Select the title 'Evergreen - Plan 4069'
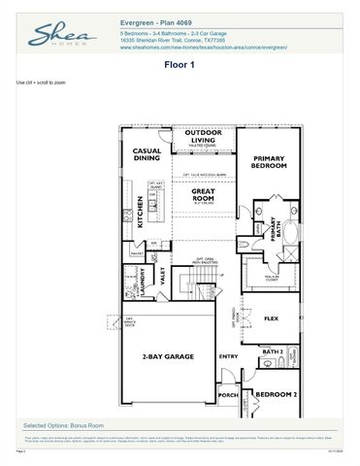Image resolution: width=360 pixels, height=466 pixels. [159, 20]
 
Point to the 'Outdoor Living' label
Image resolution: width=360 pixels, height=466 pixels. [204, 136]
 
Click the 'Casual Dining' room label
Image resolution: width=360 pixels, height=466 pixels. [147, 154]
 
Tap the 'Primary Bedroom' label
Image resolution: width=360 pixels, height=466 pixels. [269, 161]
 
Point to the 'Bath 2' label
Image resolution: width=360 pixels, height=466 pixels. [273, 351]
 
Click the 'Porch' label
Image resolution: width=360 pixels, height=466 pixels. [228, 395]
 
